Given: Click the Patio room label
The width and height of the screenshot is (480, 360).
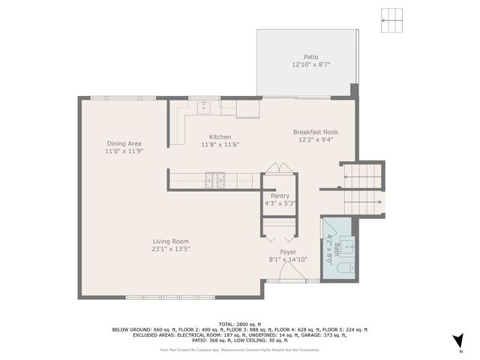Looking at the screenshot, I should (x=310, y=56).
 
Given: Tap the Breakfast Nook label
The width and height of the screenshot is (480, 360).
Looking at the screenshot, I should (x=315, y=131).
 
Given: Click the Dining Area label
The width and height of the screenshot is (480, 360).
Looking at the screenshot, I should (x=124, y=143).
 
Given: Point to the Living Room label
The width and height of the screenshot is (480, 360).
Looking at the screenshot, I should (x=170, y=241).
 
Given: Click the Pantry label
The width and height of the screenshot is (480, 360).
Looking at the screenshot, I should (x=280, y=196).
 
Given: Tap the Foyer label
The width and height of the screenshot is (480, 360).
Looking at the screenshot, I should (x=288, y=252).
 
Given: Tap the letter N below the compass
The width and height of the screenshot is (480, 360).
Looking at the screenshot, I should (x=460, y=352).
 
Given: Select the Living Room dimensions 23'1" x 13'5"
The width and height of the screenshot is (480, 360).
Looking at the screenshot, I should (x=170, y=249).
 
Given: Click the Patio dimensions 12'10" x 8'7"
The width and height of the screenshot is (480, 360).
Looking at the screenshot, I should (x=310, y=64).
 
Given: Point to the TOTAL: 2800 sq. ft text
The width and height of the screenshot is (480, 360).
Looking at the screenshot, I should (x=240, y=324).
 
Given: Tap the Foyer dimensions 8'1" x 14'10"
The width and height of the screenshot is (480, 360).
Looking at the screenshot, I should (x=288, y=259).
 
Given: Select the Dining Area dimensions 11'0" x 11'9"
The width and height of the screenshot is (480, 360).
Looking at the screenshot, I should (x=124, y=151).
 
